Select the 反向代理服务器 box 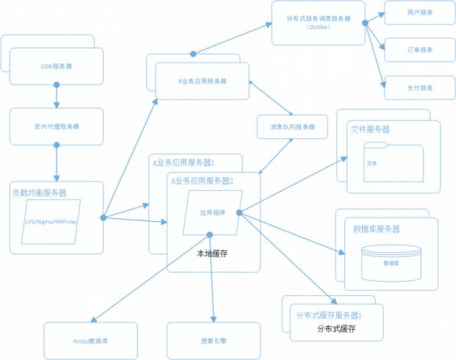57,126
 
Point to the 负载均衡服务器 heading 40,193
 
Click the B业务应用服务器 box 202,81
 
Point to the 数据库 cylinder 391,262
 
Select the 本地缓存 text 212,253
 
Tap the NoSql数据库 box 91,340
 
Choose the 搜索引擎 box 213,340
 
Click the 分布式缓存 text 335,329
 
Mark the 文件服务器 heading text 370,129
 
